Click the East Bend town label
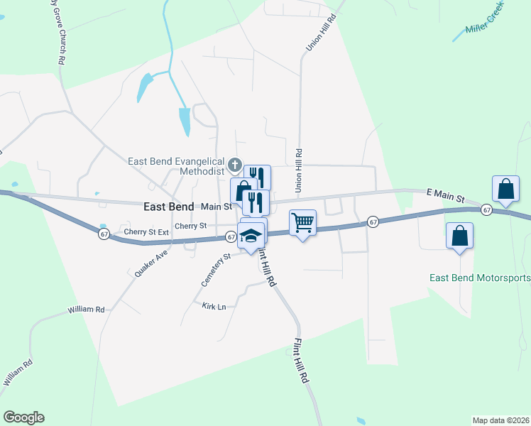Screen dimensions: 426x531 [168, 207]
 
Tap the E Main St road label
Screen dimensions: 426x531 [444, 193]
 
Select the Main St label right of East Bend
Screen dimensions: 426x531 [216, 207]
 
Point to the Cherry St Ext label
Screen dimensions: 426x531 [146, 232]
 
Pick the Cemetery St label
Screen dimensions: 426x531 [215, 270]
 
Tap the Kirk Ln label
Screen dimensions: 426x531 [214, 306]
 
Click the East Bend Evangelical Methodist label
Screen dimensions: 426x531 [176, 166]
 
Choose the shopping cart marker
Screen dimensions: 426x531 [302, 222]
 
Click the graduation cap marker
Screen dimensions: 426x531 [251, 235]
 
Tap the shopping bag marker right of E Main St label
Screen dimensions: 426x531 [506, 189]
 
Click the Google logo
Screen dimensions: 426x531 [23, 417]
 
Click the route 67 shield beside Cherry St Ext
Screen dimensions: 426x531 [104, 234]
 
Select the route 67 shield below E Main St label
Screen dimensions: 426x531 [486, 209]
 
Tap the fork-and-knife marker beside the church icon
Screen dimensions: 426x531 [257, 177]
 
